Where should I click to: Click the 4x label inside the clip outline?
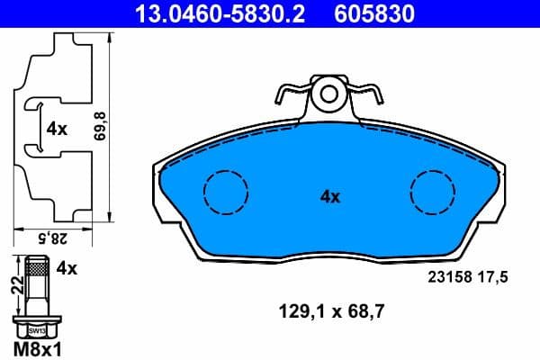tap(57, 129)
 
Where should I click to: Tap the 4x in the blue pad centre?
tap(329, 196)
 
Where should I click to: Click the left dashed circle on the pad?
tap(225, 191)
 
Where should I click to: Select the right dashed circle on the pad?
tap(433, 191)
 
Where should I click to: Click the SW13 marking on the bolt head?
tap(37, 329)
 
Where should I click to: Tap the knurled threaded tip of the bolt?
tap(37, 267)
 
